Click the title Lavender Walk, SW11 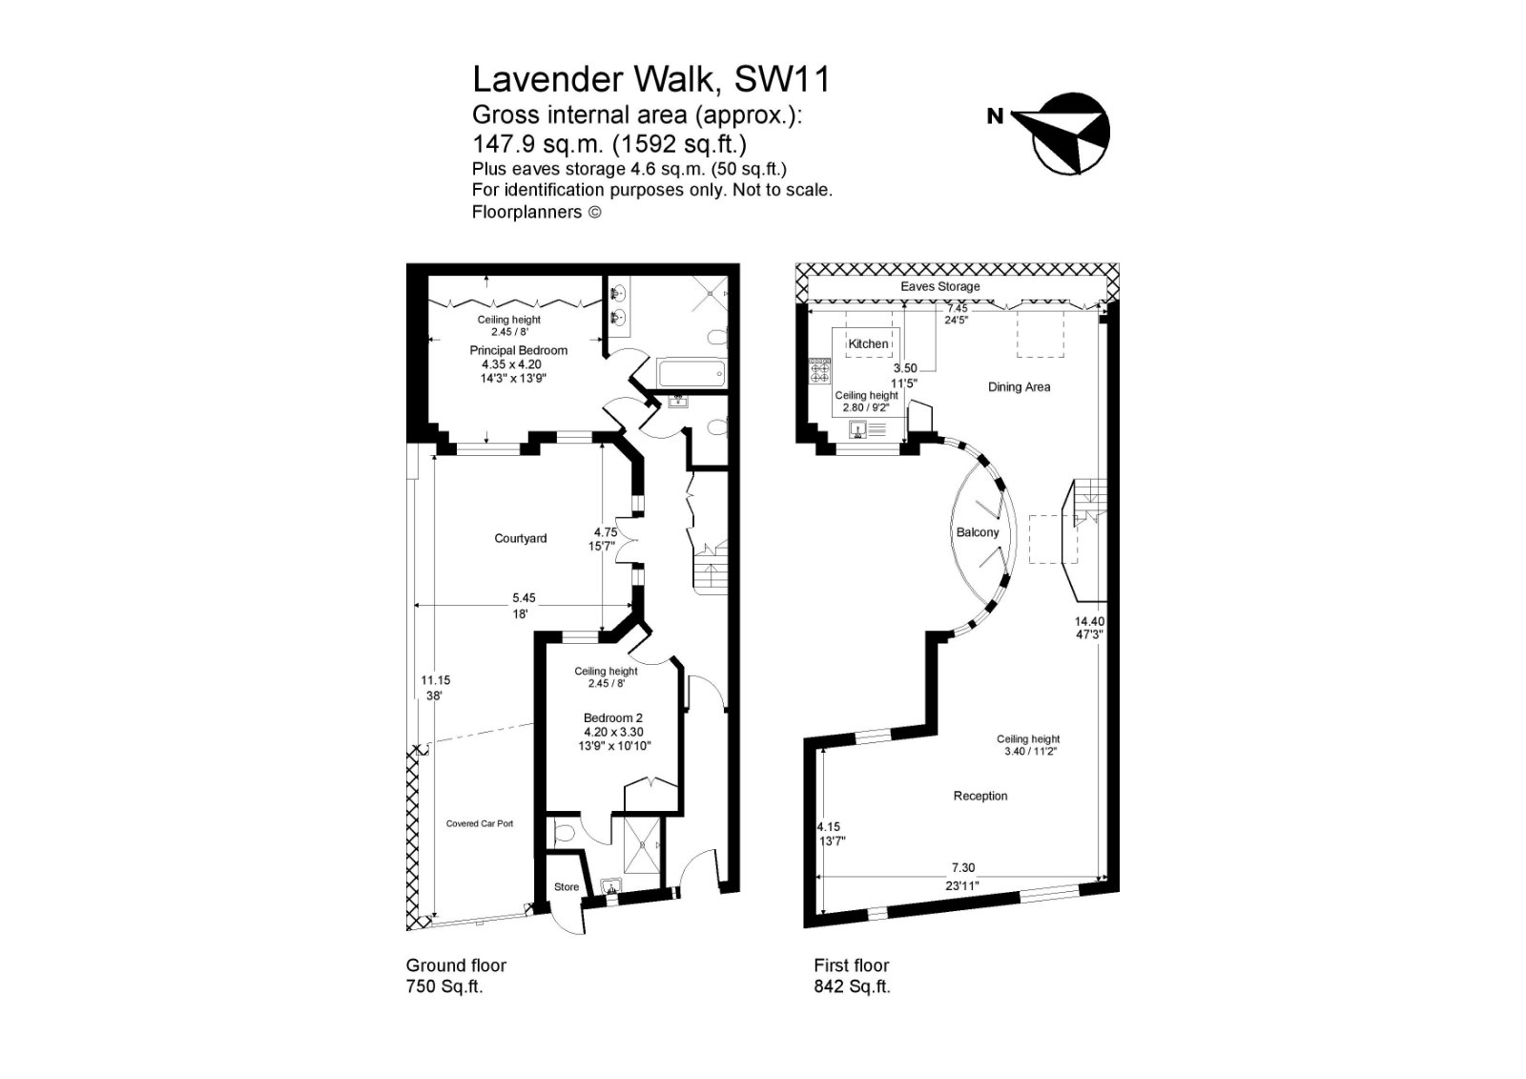click(x=651, y=79)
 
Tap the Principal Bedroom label click(x=518, y=350)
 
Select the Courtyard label click(x=521, y=538)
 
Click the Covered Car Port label click(x=480, y=823)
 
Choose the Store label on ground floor click(x=567, y=886)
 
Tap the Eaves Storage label click(x=940, y=286)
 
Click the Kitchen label click(x=868, y=343)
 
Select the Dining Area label click(x=1019, y=386)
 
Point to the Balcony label click(x=978, y=532)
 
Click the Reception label click(x=980, y=796)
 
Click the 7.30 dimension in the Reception click(x=962, y=868)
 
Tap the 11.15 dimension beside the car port click(x=435, y=680)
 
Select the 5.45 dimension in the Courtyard click(x=522, y=598)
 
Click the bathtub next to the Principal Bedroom click(x=691, y=372)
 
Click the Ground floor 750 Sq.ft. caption click(x=456, y=975)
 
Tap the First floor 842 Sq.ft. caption click(x=852, y=975)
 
